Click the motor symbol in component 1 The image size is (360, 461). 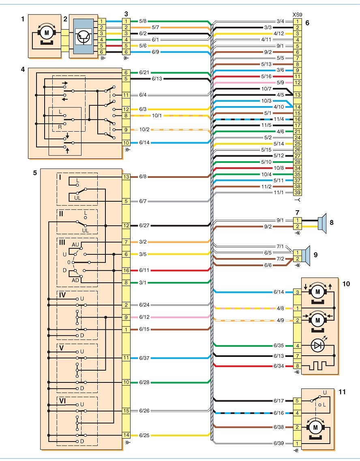(x=47, y=33)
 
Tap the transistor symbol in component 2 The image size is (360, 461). (x=83, y=37)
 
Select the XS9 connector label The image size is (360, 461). (x=297, y=15)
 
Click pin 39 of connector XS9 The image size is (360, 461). (x=297, y=193)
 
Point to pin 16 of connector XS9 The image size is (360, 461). (x=297, y=120)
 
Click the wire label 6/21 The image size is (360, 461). (x=144, y=73)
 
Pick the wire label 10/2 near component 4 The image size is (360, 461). (x=144, y=129)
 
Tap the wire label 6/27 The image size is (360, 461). (x=144, y=226)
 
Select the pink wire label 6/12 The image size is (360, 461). (x=144, y=317)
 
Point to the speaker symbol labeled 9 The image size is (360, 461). (x=306, y=256)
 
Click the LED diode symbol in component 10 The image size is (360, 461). (x=318, y=346)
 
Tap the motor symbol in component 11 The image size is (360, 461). (x=315, y=427)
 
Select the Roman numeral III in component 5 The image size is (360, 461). (x=62, y=242)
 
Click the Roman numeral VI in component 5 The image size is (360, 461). (x=62, y=401)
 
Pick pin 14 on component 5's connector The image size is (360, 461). (x=126, y=435)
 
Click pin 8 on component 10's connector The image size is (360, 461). (x=297, y=366)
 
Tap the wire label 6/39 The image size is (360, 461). (x=279, y=443)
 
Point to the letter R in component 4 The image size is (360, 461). (x=60, y=127)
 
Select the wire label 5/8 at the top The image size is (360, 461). (x=143, y=21)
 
